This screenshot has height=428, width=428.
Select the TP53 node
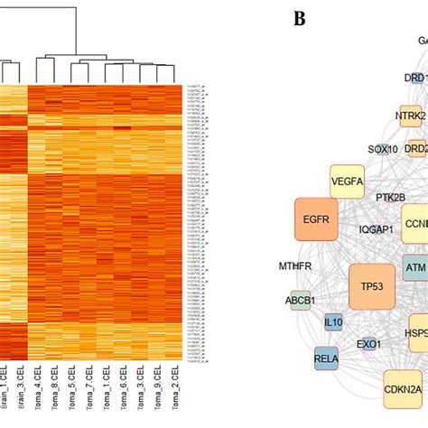click(x=371, y=287)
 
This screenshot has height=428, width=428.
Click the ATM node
click(x=414, y=268)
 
